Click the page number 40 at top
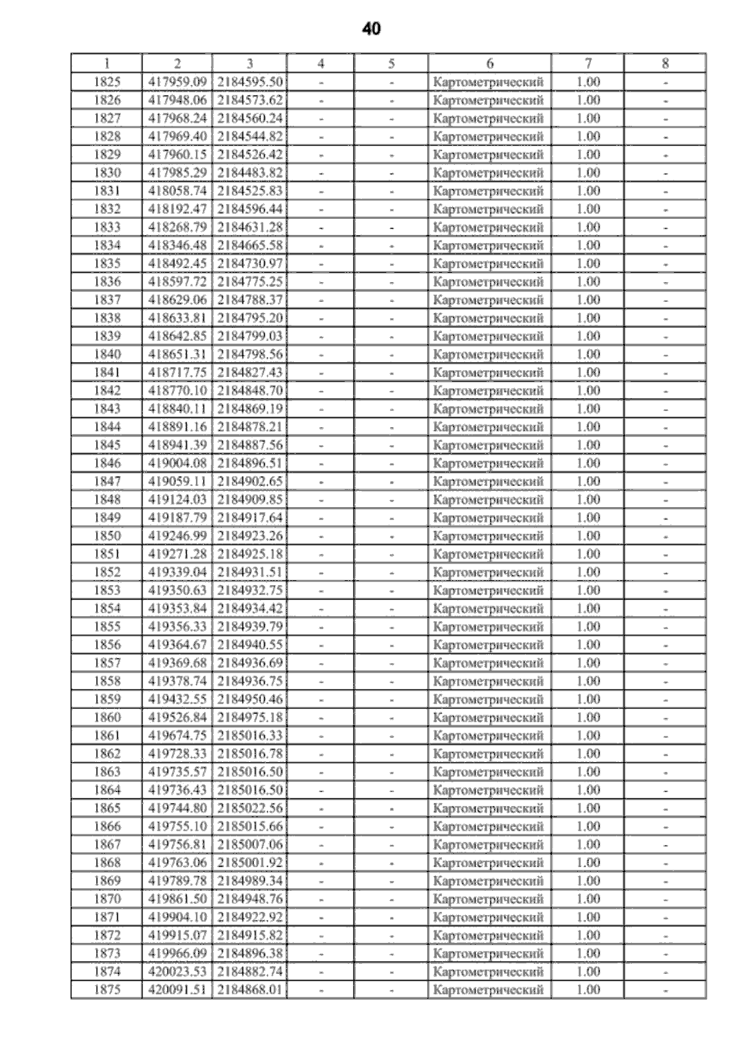point(371,29)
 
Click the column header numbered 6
point(490,63)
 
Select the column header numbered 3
point(249,63)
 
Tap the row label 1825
point(107,82)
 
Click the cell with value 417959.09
point(177,82)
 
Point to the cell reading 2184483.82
point(250,172)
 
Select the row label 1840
point(107,354)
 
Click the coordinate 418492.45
point(177,263)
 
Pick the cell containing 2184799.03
point(250,336)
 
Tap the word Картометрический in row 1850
point(489,536)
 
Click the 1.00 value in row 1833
point(588,227)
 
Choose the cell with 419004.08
point(177,463)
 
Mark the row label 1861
point(107,735)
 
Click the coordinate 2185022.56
point(250,808)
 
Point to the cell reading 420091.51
point(177,989)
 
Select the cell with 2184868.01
point(250,989)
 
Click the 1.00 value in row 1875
point(588,989)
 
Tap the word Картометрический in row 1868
point(489,862)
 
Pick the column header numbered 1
point(107,63)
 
